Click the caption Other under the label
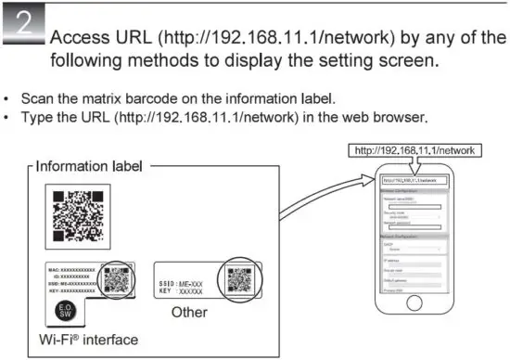coord(190,313)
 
